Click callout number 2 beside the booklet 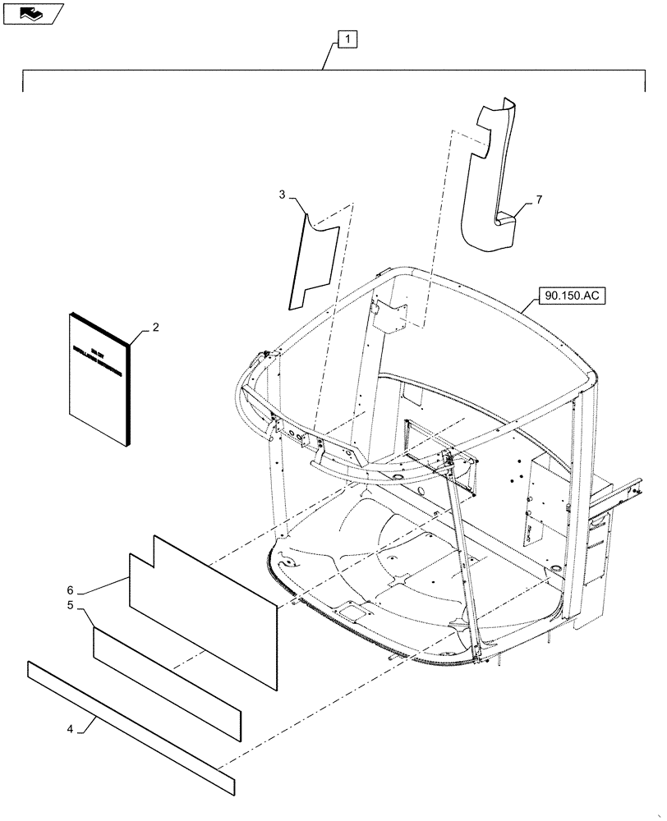click(155, 327)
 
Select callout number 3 click(282, 195)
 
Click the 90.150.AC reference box click(572, 296)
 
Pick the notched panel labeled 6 click(205, 608)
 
